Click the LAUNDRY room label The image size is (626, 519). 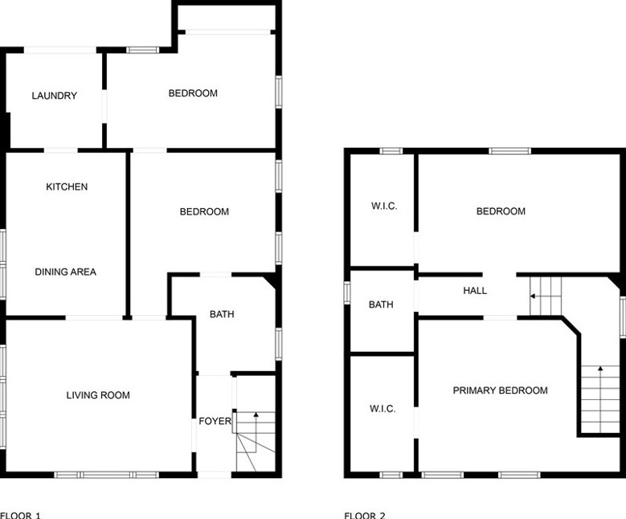tap(55, 96)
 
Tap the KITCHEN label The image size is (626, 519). tap(67, 187)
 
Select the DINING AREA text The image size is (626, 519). tap(65, 272)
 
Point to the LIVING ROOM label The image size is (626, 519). tap(98, 395)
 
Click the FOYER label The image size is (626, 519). tap(215, 421)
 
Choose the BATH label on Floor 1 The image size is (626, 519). tap(222, 314)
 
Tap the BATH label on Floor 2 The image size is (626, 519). tap(381, 304)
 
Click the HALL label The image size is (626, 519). tap(475, 291)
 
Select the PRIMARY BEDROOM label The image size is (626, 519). tap(500, 390)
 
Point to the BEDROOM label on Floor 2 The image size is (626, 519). tap(501, 211)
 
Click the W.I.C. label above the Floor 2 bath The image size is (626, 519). tap(384, 206)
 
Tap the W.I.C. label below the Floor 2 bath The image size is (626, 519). tap(383, 409)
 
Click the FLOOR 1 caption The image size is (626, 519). tap(20, 515)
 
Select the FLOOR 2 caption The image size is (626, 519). tap(365, 515)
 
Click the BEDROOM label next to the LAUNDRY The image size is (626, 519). tap(193, 93)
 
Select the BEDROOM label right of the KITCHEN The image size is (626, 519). tap(204, 212)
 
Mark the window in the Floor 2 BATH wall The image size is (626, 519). tap(347, 292)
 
